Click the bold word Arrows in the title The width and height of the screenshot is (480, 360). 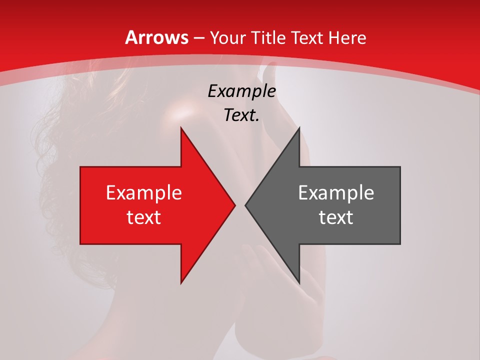click(x=157, y=37)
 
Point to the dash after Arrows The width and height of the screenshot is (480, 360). click(x=198, y=38)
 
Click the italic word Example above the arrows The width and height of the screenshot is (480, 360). click(x=241, y=91)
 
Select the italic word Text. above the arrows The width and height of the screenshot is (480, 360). click(x=241, y=115)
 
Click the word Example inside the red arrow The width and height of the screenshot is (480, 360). click(x=144, y=193)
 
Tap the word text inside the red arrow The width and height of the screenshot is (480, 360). click(x=144, y=217)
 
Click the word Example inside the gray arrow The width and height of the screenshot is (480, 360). click(x=336, y=193)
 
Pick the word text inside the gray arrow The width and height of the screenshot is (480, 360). click(x=336, y=217)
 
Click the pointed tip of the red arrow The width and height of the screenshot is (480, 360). click(x=234, y=205)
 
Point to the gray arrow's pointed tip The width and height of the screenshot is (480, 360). click(x=245, y=205)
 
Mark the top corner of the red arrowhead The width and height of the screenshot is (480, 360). click(x=181, y=128)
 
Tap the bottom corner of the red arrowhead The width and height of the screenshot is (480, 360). click(x=181, y=283)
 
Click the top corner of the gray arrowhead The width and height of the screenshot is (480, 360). click(x=299, y=128)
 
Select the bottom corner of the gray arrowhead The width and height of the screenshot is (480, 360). click(x=299, y=283)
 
